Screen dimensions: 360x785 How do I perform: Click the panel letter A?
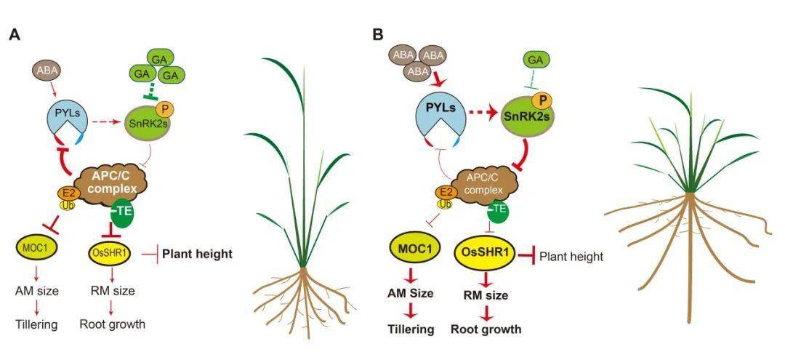(13, 34)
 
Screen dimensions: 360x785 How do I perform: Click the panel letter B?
(377, 34)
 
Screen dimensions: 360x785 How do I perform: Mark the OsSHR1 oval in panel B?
(488, 254)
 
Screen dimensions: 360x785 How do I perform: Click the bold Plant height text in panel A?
(197, 254)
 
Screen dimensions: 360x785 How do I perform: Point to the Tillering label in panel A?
(36, 324)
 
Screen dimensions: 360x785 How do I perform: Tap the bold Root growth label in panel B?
(486, 329)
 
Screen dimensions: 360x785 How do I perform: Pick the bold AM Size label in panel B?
(412, 294)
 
